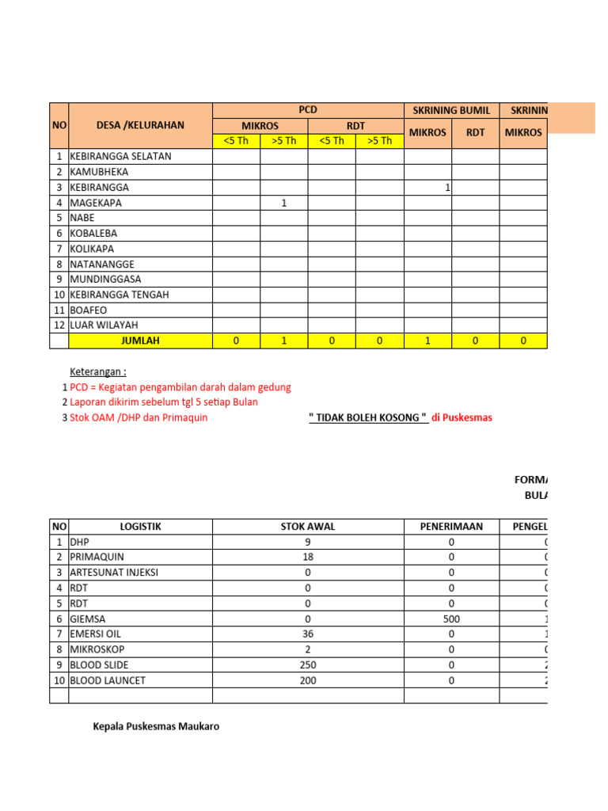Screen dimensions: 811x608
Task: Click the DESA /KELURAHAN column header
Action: (x=140, y=125)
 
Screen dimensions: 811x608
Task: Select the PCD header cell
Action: (x=307, y=110)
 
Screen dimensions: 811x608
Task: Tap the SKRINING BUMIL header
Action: (x=451, y=110)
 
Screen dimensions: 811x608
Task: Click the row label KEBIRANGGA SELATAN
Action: (x=120, y=157)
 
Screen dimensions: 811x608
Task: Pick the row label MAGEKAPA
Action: (x=96, y=203)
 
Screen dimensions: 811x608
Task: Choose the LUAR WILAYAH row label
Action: (x=104, y=326)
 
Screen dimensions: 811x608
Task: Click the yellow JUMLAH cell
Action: (x=140, y=341)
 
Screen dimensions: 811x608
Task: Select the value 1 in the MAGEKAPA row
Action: (x=283, y=203)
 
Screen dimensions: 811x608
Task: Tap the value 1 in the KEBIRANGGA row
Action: (x=447, y=188)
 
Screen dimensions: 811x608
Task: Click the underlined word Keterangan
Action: (x=98, y=371)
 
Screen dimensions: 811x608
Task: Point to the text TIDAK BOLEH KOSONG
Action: (x=368, y=417)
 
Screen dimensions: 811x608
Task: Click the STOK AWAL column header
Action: (x=307, y=527)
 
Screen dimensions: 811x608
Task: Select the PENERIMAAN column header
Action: (x=451, y=527)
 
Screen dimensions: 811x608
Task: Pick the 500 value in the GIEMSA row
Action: (x=451, y=619)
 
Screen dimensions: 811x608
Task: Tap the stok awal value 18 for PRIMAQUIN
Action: (x=307, y=558)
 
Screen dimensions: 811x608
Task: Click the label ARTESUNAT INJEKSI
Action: (x=114, y=573)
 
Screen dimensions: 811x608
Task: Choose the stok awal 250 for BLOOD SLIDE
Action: (x=307, y=664)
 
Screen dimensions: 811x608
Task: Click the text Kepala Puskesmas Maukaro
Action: (x=156, y=726)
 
